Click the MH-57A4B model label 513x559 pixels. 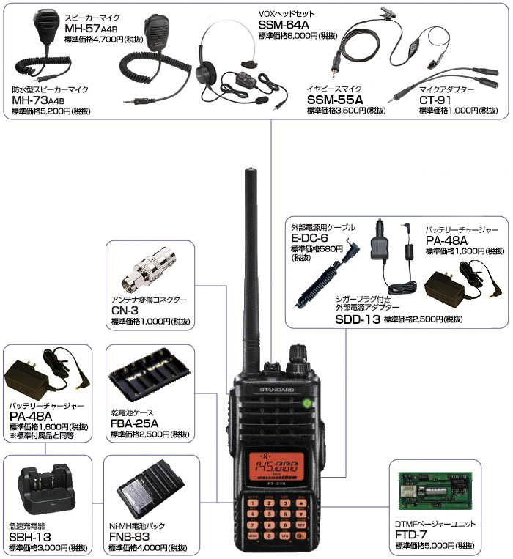coord(91,28)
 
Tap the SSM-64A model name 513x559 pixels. coord(284,25)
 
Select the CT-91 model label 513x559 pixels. coord(435,100)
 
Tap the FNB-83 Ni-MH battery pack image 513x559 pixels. coord(152,489)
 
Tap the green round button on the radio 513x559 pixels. coord(306,403)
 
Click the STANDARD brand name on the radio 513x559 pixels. coord(276,390)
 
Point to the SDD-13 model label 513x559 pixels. coord(358,319)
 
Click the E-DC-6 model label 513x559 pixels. coord(309,238)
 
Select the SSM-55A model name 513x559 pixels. coord(335,100)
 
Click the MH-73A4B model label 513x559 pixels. coord(39,100)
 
